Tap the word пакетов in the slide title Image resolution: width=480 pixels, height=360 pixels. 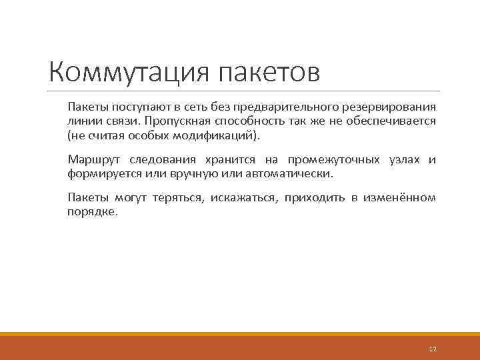tap(269, 72)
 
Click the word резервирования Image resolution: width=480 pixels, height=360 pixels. tap(393, 107)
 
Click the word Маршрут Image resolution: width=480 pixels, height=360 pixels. tap(89, 159)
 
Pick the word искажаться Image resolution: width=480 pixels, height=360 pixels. tap(247, 198)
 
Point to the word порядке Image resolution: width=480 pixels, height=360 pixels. tap(91, 211)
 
